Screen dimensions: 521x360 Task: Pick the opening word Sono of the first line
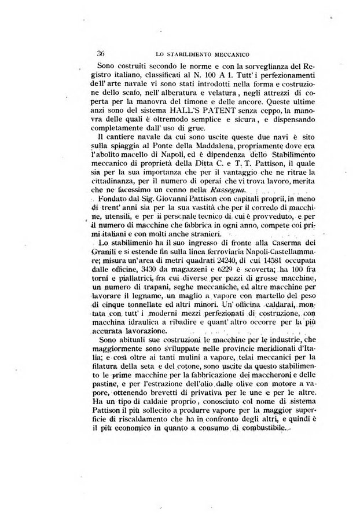[x=108, y=65]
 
